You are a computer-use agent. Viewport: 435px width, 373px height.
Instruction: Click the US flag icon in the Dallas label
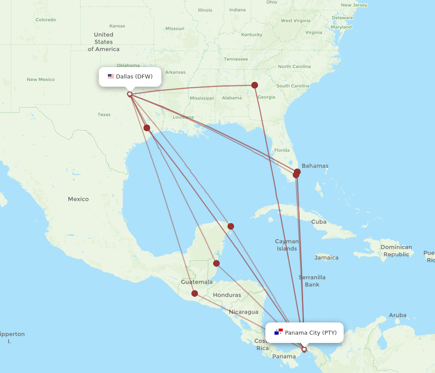pos(111,76)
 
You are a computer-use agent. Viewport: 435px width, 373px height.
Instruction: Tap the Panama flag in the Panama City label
pos(278,332)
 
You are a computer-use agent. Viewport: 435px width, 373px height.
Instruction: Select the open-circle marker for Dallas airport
pos(130,94)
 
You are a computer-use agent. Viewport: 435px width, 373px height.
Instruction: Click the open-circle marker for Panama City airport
pos(304,349)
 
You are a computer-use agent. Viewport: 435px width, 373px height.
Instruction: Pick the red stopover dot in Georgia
pos(254,85)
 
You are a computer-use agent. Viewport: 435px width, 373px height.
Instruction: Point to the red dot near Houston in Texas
pos(147,128)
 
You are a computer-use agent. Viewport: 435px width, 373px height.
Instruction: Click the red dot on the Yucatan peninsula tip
pos(231,226)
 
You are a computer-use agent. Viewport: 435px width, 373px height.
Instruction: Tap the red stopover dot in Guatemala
pos(194,293)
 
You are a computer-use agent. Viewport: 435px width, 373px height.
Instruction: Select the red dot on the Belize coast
pos(216,263)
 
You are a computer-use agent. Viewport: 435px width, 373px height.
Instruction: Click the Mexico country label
pos(78,199)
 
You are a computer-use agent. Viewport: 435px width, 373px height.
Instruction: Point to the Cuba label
pos(319,222)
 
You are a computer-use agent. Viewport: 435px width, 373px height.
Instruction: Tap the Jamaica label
pos(326,258)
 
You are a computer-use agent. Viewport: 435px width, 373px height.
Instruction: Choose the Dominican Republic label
pos(396,251)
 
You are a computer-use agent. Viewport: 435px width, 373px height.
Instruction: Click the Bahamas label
pos(315,166)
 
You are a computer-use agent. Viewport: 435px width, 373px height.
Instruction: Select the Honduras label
pos(227,295)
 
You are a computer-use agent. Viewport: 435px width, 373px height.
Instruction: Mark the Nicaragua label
pos(244,312)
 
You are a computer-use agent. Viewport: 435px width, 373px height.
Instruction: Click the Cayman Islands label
pos(287,245)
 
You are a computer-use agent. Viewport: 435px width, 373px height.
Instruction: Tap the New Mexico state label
pos(40,79)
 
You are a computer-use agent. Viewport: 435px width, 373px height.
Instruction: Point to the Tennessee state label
pos(236,59)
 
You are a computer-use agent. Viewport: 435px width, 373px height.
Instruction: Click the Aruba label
pos(398,315)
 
